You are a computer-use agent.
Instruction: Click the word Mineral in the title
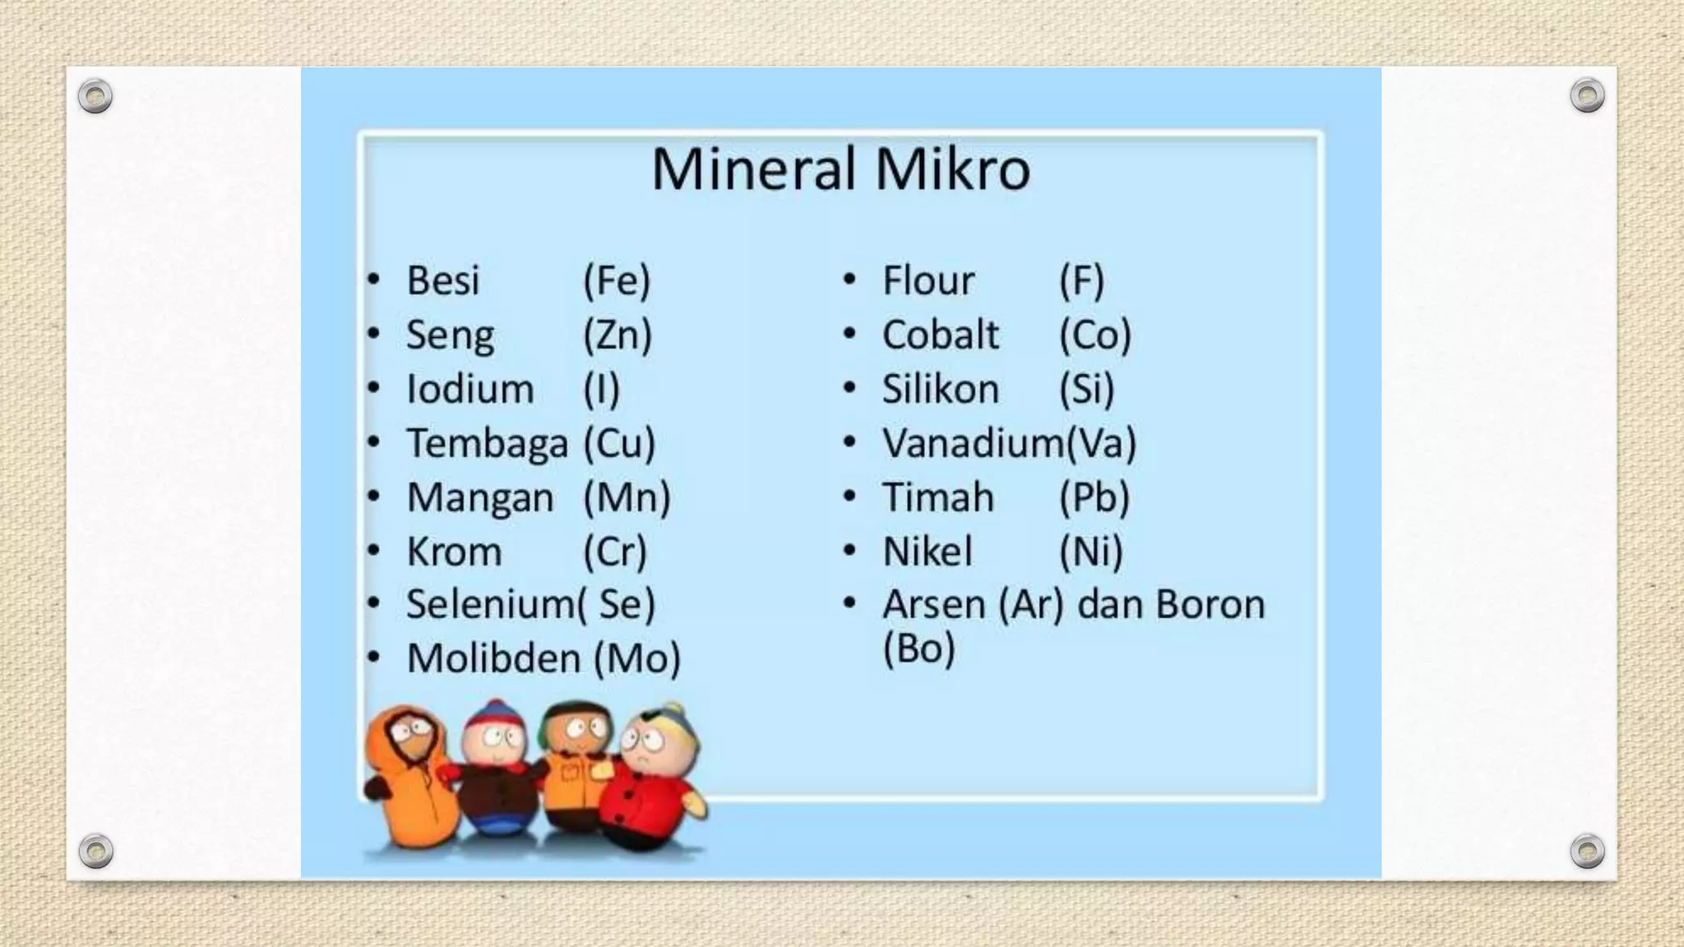(754, 169)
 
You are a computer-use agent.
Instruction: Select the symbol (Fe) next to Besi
(617, 280)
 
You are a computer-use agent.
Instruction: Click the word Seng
(450, 336)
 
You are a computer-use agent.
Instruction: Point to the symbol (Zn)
(618, 335)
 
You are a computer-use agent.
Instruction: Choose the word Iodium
(470, 389)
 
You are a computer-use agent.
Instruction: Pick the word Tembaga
(487, 443)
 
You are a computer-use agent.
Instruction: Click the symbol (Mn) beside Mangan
(627, 497)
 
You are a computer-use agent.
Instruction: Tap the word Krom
(454, 552)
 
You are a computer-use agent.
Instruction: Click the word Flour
(928, 280)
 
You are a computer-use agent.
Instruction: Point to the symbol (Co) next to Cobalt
(1095, 335)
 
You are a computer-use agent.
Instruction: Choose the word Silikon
(941, 389)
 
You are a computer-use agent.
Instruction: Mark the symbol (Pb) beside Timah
(1094, 497)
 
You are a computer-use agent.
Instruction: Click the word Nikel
(928, 552)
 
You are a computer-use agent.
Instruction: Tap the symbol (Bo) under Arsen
(918, 649)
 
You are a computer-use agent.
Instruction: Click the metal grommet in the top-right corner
(1587, 95)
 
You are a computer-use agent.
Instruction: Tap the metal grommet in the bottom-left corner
(95, 851)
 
